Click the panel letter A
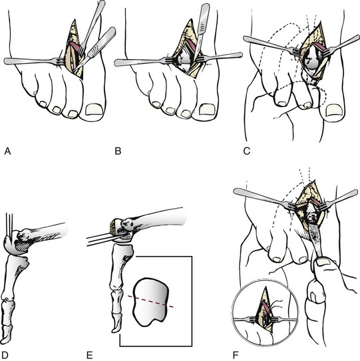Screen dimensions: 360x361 (x=7, y=152)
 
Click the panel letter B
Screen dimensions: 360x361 (x=118, y=152)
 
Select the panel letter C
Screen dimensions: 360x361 (x=247, y=152)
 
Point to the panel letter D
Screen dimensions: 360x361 (x=5, y=355)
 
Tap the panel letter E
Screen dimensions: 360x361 (x=90, y=355)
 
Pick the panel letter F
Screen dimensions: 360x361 (x=236, y=355)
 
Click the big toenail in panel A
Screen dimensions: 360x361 (x=94, y=109)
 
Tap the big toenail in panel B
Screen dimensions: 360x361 (x=207, y=109)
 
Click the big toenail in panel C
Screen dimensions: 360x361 (x=335, y=110)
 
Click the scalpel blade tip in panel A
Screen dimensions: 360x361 (x=75, y=70)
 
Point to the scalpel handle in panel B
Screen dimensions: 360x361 (x=202, y=17)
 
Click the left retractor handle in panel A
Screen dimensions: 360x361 (x=29, y=61)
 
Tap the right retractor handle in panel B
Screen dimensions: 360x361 (x=223, y=56)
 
